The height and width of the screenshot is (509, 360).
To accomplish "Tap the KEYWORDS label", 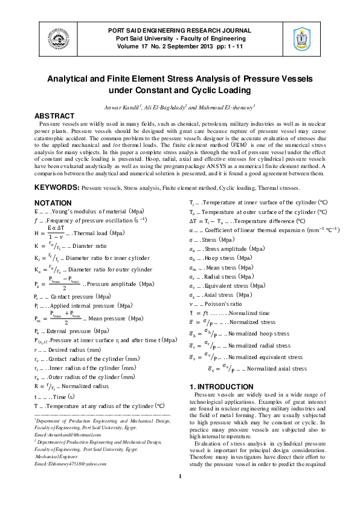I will coord(57,189).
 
